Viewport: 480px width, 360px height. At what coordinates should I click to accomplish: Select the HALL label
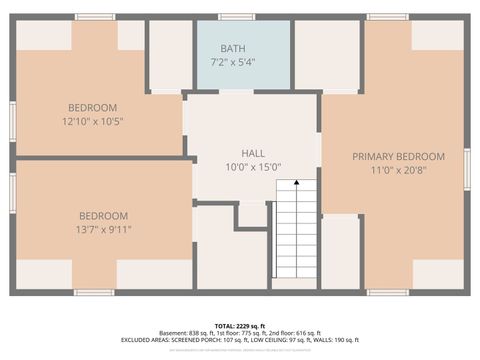tap(253, 153)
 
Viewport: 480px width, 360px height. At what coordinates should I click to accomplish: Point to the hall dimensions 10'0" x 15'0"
tap(253, 167)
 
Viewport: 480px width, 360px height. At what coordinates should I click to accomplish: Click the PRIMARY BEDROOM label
tap(398, 157)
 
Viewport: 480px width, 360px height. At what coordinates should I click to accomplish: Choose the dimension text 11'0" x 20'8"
tap(398, 171)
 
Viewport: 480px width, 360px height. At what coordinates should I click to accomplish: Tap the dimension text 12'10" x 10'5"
tap(93, 122)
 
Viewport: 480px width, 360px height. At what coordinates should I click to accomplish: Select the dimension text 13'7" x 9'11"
tap(104, 229)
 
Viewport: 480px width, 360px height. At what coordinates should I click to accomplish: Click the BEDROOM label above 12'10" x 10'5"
tap(93, 108)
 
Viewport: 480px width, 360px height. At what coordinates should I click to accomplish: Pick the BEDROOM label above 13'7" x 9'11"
tap(104, 216)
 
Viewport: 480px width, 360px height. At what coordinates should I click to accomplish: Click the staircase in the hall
tap(294, 235)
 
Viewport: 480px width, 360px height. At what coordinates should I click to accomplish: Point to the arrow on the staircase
tap(294, 186)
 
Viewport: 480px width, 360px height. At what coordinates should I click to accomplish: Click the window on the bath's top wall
tap(236, 17)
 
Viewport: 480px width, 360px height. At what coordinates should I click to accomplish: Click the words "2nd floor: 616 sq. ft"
tap(296, 333)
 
